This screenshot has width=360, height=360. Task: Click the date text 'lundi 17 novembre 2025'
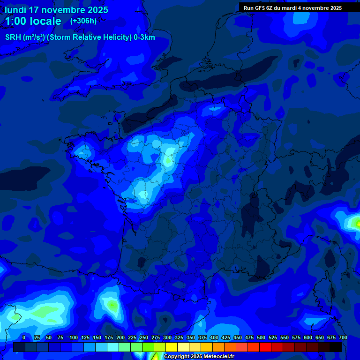click(56, 10)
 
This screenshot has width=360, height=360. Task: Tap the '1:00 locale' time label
click(33, 21)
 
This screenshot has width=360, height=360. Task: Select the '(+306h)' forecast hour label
click(83, 21)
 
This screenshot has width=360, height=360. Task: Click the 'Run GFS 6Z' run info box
click(292, 7)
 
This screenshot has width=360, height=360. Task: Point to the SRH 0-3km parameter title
click(80, 37)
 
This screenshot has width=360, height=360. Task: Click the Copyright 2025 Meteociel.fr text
click(199, 357)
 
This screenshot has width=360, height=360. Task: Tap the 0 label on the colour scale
click(24, 337)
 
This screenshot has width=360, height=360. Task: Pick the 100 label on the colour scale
click(74, 337)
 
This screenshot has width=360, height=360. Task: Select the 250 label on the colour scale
click(144, 337)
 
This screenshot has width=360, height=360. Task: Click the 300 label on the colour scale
click(167, 337)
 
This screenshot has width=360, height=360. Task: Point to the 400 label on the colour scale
click(214, 337)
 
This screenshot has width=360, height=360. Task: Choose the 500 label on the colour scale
click(261, 337)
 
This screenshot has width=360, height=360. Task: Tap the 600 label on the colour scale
click(308, 337)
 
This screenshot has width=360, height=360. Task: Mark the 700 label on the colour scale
click(343, 337)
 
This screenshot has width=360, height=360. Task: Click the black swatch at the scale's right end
click(336, 347)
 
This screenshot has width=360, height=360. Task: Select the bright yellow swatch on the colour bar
click(172, 347)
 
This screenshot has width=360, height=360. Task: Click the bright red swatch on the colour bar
click(265, 347)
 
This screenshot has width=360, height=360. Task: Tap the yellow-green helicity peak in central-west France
click(168, 160)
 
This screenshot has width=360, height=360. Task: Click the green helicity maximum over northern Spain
click(112, 305)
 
